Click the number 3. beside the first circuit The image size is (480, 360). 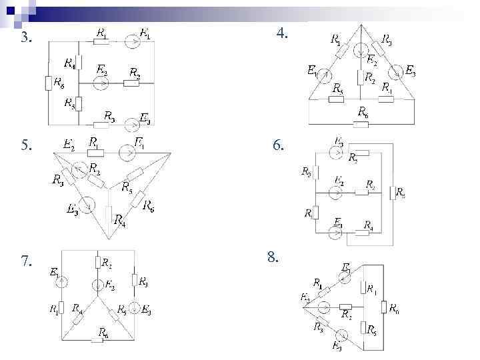[26, 38]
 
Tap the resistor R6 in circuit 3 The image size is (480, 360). [48, 83]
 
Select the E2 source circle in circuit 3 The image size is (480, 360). [101, 83]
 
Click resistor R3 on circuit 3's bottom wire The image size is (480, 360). [101, 125]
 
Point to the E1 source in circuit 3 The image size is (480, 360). [133, 42]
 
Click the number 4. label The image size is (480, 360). [282, 32]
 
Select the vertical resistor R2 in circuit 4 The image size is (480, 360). [360, 77]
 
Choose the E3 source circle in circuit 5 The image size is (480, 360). [85, 204]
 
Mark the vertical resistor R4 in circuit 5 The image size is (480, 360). [109, 215]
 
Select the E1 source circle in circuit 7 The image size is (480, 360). [61, 282]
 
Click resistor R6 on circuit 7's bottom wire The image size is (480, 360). [97, 340]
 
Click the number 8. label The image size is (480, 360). [273, 256]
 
